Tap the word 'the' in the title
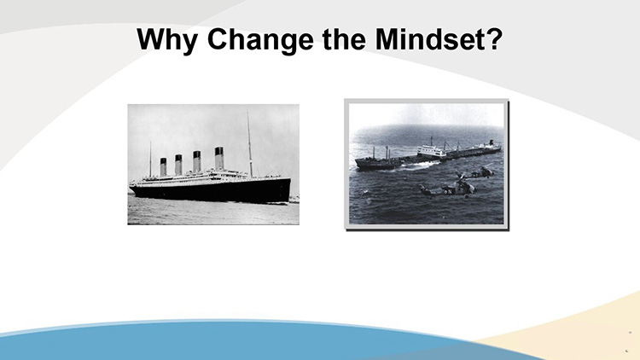point(344,38)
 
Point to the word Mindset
point(430,38)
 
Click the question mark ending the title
point(494,38)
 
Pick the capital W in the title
point(154,39)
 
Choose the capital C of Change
point(218,39)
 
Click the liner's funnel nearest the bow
point(219,158)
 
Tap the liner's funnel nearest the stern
point(163,167)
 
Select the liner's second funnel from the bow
point(197,161)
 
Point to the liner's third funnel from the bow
point(178,165)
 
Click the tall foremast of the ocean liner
point(249,144)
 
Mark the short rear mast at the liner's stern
point(150,160)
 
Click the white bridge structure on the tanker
point(432,152)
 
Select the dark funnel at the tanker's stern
point(492,142)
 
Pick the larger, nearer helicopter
point(448,188)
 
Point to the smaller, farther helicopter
point(483,171)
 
